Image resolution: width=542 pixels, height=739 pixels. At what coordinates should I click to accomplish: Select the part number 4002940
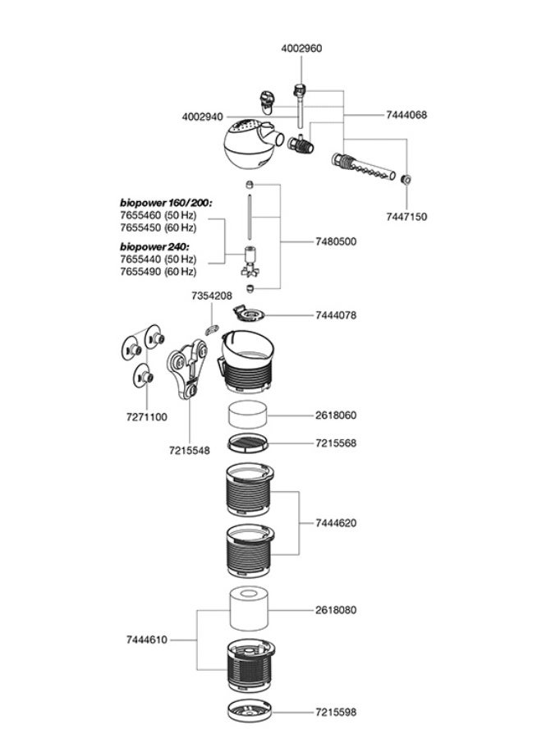pyautogui.click(x=202, y=117)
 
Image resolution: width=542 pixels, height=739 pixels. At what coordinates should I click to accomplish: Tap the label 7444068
pyautogui.click(x=406, y=116)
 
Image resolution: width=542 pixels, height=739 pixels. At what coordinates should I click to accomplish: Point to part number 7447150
pyautogui.click(x=406, y=217)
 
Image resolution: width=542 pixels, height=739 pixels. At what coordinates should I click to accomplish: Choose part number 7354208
pyautogui.click(x=212, y=295)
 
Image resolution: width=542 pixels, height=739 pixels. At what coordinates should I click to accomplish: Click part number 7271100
pyautogui.click(x=146, y=417)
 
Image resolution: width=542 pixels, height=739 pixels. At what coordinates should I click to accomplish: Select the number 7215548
pyautogui.click(x=190, y=450)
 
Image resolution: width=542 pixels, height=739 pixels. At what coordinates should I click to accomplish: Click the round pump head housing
pyautogui.click(x=246, y=146)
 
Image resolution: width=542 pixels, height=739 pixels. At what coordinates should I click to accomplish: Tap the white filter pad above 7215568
pyautogui.click(x=247, y=413)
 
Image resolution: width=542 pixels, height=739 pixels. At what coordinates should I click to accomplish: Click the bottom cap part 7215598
pyautogui.click(x=247, y=712)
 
